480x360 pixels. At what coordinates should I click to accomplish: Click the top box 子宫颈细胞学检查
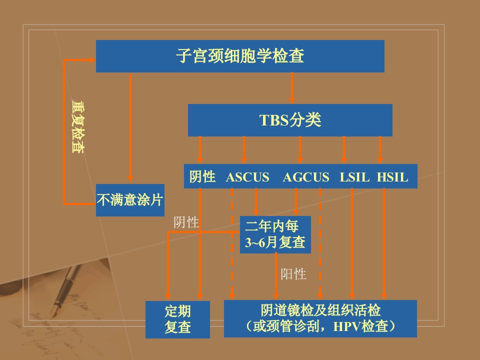[240, 56]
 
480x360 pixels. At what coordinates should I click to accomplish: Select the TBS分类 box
[290, 120]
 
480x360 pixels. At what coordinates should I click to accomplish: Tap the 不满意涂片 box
[130, 200]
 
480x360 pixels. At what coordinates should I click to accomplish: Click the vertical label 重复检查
[78, 127]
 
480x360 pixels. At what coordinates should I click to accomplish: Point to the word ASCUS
[247, 177]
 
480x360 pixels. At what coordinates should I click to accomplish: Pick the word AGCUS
[306, 177]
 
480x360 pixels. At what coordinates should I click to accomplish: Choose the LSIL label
[354, 177]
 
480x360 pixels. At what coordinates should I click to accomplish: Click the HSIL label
[392, 177]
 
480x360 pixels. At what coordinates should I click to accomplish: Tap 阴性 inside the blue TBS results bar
[202, 177]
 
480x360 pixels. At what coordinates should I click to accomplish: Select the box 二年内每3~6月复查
[275, 235]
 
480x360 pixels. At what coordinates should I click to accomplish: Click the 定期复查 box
[177, 319]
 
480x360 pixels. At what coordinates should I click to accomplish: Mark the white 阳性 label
[293, 274]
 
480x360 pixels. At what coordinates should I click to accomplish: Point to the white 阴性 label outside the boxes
[186, 222]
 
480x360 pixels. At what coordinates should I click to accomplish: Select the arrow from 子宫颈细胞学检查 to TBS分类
[291, 88]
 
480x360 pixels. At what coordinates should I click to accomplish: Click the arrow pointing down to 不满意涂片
[130, 128]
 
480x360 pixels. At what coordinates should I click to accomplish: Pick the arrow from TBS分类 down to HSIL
[380, 149]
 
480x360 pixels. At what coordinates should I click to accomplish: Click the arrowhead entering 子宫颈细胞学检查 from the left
[92, 60]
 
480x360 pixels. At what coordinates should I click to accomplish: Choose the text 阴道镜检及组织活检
[320, 310]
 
